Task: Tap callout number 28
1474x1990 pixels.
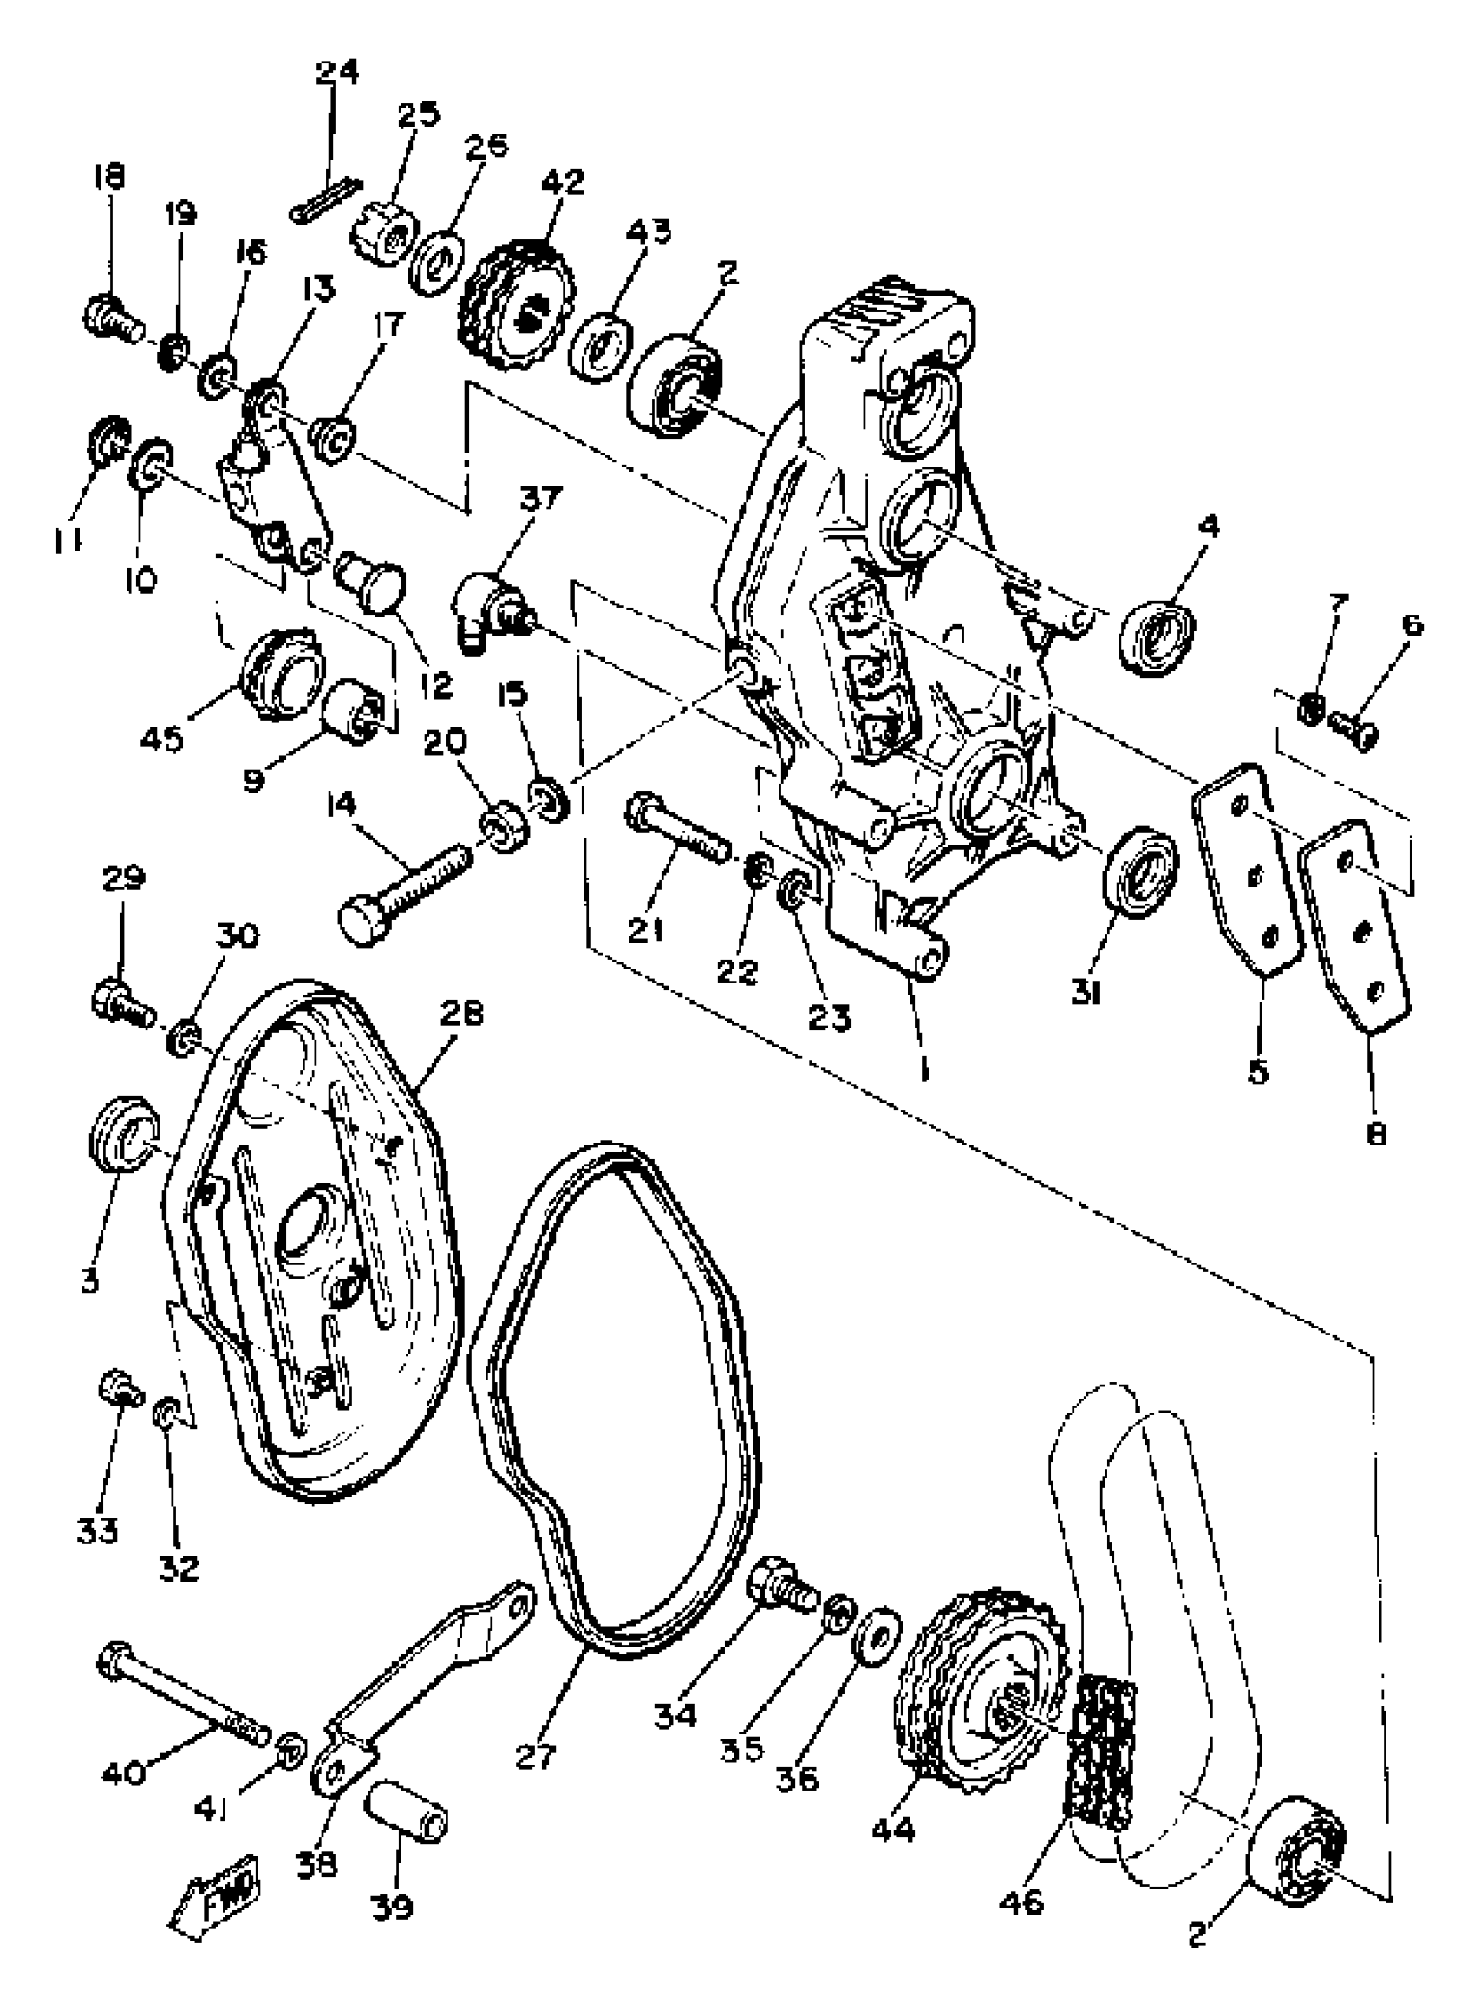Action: pyautogui.click(x=461, y=1015)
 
